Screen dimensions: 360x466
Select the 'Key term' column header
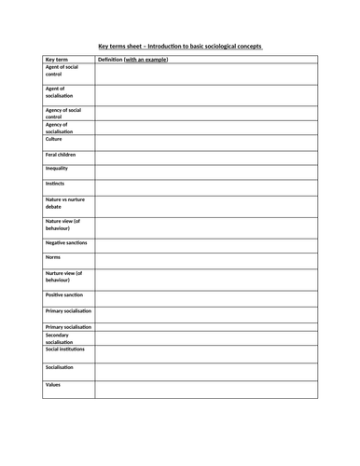click(x=58, y=59)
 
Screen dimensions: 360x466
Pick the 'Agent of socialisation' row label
click(x=60, y=92)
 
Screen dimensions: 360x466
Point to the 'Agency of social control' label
click(x=64, y=114)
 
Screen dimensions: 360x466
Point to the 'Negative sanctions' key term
click(x=67, y=241)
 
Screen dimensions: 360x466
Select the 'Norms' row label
click(x=54, y=256)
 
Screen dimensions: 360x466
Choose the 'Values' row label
click(x=54, y=384)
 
